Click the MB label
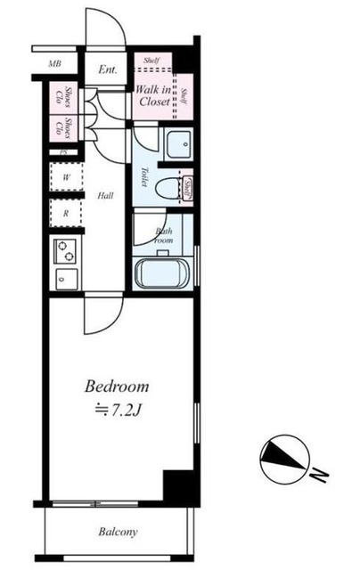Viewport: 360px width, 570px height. point(54,65)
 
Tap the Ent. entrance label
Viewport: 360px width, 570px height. point(108,69)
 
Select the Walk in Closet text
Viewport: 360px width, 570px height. point(152,95)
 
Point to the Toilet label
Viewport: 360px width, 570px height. point(143,175)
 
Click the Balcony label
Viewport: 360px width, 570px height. point(117,533)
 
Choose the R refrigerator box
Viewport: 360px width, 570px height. point(65,214)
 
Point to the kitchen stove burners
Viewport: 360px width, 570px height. point(65,251)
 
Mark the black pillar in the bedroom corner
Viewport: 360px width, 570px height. point(179,486)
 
